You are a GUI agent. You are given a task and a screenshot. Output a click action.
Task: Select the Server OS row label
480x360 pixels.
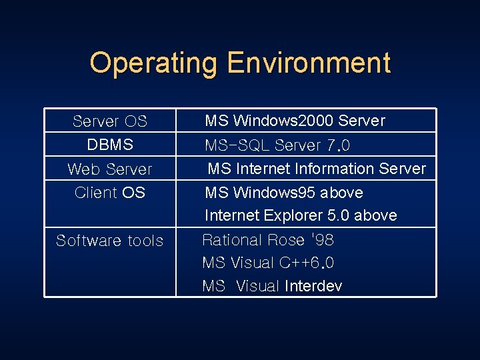tap(110, 121)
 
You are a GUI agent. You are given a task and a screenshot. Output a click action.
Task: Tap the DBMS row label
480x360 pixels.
tap(110, 145)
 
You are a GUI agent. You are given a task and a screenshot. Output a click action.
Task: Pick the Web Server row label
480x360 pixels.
tap(110, 169)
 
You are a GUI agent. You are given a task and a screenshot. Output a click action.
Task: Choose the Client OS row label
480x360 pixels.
tap(110, 193)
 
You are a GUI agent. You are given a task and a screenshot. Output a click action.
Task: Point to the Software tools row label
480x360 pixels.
tap(110, 241)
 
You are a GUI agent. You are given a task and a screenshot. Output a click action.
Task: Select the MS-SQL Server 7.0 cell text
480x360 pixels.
tap(277, 145)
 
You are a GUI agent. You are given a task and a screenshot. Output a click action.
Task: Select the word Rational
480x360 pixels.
tap(232, 240)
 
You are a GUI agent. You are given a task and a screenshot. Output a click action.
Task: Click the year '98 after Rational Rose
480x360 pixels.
tap(321, 240)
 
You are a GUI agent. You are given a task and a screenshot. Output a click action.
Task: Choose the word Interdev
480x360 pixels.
tap(313, 287)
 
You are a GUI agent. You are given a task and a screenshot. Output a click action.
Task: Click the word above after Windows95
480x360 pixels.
tap(341, 193)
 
